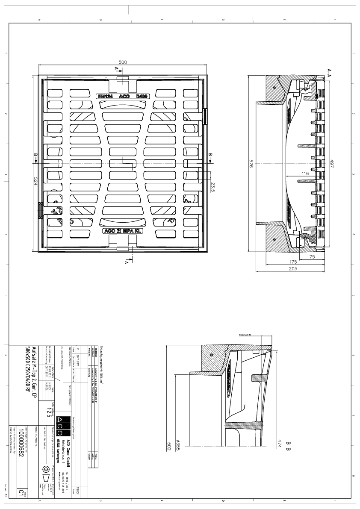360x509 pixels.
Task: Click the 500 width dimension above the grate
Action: point(123,62)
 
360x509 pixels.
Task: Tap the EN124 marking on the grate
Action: point(105,97)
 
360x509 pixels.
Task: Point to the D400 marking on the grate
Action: point(142,97)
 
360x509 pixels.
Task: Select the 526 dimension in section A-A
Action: point(251,164)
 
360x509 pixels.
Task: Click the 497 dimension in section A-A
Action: point(332,164)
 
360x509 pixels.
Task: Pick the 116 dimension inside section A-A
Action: point(305,174)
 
